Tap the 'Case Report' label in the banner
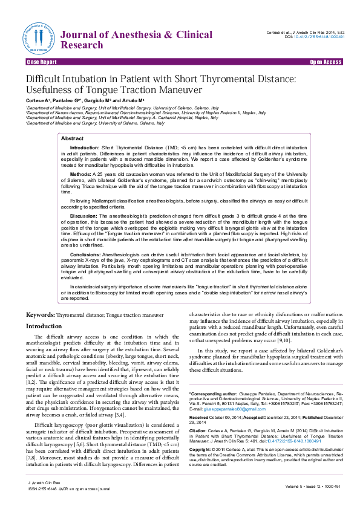tap(42, 62)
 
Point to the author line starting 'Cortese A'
tap(85, 99)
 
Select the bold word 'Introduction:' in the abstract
tap(85, 148)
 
